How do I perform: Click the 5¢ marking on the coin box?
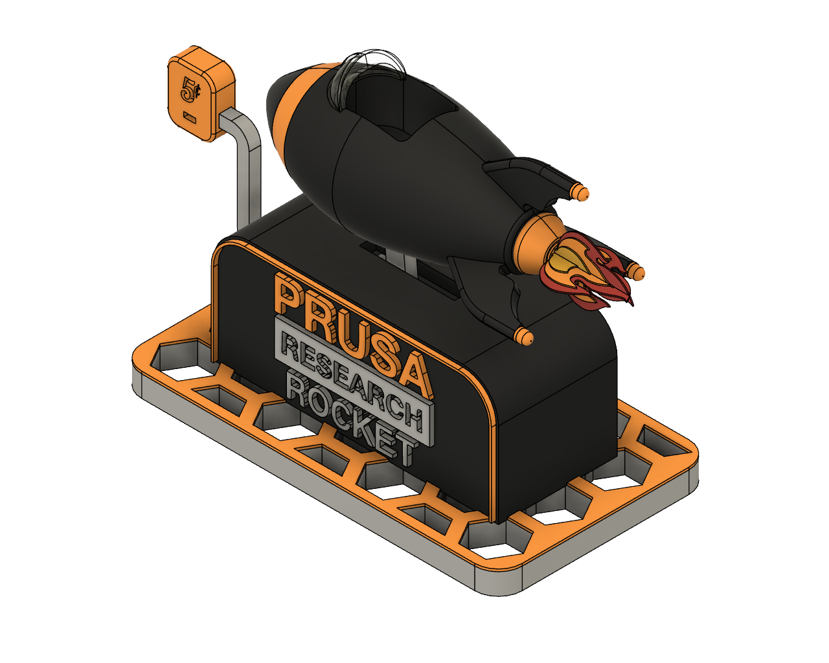coord(190,89)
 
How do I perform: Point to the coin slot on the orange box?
coord(190,117)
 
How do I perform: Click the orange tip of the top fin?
coord(580,192)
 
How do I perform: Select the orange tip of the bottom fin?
coord(523,336)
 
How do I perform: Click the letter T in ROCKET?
coord(404,450)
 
